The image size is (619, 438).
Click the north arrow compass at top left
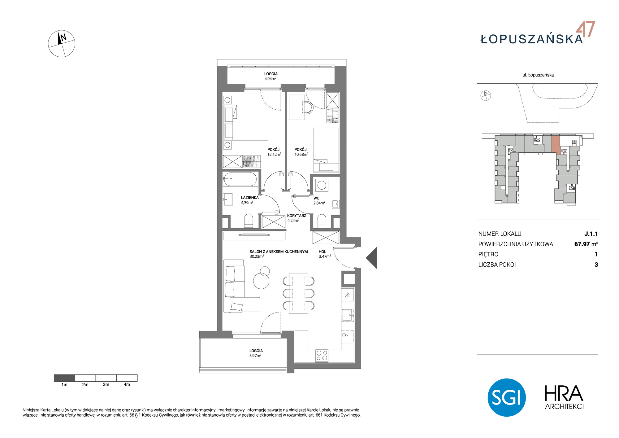(x=61, y=44)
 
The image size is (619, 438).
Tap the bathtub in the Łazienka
(x=240, y=179)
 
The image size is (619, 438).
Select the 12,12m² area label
(x=274, y=154)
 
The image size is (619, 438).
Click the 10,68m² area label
(x=301, y=154)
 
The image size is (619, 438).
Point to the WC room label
(x=316, y=198)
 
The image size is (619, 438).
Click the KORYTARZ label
(x=297, y=216)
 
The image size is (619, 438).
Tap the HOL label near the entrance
(x=322, y=252)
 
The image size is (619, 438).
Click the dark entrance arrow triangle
(x=372, y=258)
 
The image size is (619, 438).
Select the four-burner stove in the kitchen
(x=322, y=355)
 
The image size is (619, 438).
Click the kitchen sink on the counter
(x=347, y=315)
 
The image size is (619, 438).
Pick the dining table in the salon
(x=298, y=293)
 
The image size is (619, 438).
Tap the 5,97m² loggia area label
(x=255, y=356)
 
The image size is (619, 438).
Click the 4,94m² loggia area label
(x=270, y=79)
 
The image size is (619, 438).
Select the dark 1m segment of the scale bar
(x=64, y=378)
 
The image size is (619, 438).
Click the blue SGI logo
(x=507, y=397)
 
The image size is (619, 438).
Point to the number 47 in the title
(x=586, y=29)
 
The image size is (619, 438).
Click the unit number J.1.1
(x=591, y=234)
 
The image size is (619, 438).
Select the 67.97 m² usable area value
(x=586, y=244)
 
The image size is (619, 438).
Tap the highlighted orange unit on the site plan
(x=556, y=145)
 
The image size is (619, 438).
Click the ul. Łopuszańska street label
(x=538, y=75)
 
